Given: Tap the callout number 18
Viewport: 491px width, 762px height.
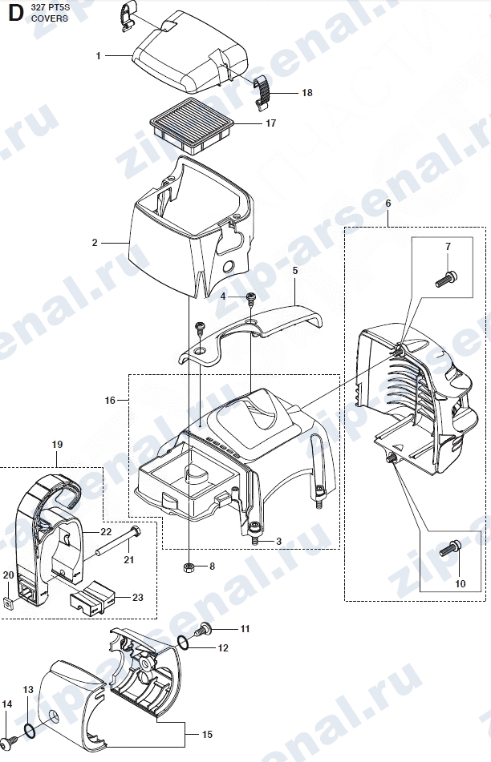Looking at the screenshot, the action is (307, 93).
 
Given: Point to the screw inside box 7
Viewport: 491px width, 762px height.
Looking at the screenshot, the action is (446, 279).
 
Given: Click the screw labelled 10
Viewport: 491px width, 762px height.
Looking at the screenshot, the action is (451, 549).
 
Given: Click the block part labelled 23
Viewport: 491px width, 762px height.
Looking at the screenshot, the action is (93, 597).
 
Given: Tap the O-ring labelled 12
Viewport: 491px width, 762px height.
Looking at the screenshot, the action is (184, 643).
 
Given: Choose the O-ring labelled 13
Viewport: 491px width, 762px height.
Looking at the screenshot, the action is (29, 730).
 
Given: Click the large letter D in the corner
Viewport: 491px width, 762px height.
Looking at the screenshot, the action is (15, 13).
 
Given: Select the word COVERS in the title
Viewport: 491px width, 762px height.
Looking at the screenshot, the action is (50, 18).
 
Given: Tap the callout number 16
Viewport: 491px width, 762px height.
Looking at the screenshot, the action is (110, 400).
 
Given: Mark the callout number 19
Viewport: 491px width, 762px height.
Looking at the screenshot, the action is (57, 444).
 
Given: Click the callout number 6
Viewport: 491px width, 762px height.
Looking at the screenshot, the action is (388, 204).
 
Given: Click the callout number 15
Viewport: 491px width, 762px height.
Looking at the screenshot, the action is (207, 734).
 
